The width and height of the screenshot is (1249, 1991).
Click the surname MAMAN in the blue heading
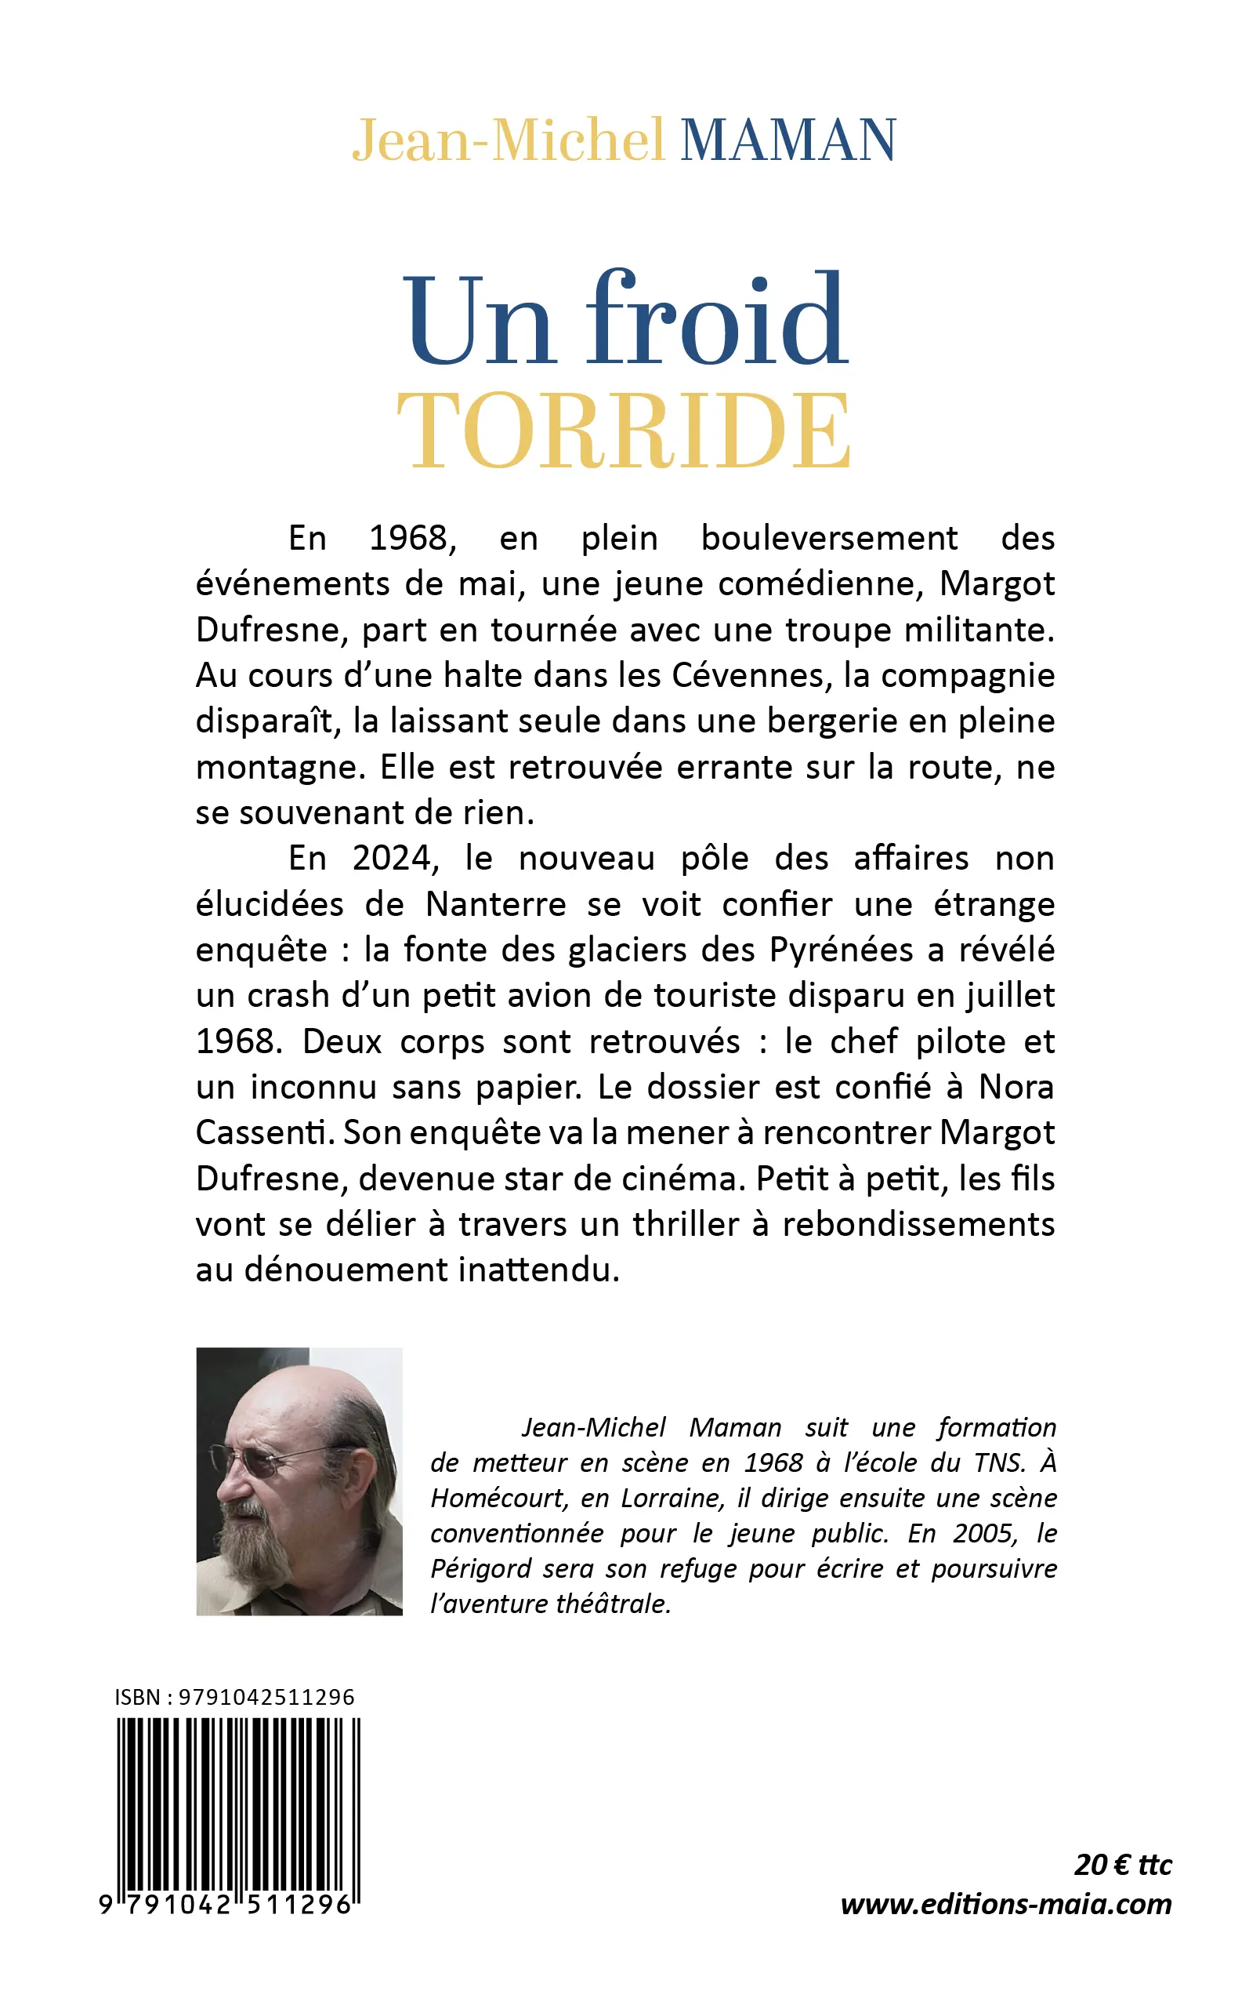click(787, 140)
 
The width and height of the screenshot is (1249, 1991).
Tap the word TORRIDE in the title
click(624, 431)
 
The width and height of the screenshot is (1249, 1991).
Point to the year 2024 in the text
click(393, 858)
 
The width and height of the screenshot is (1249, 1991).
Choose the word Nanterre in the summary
click(496, 904)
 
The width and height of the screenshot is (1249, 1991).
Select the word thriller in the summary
click(686, 1224)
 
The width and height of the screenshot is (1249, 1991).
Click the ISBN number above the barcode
click(266, 1698)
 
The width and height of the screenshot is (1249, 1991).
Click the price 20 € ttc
click(1123, 1866)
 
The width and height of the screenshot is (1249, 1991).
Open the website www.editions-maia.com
click(1005, 1904)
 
